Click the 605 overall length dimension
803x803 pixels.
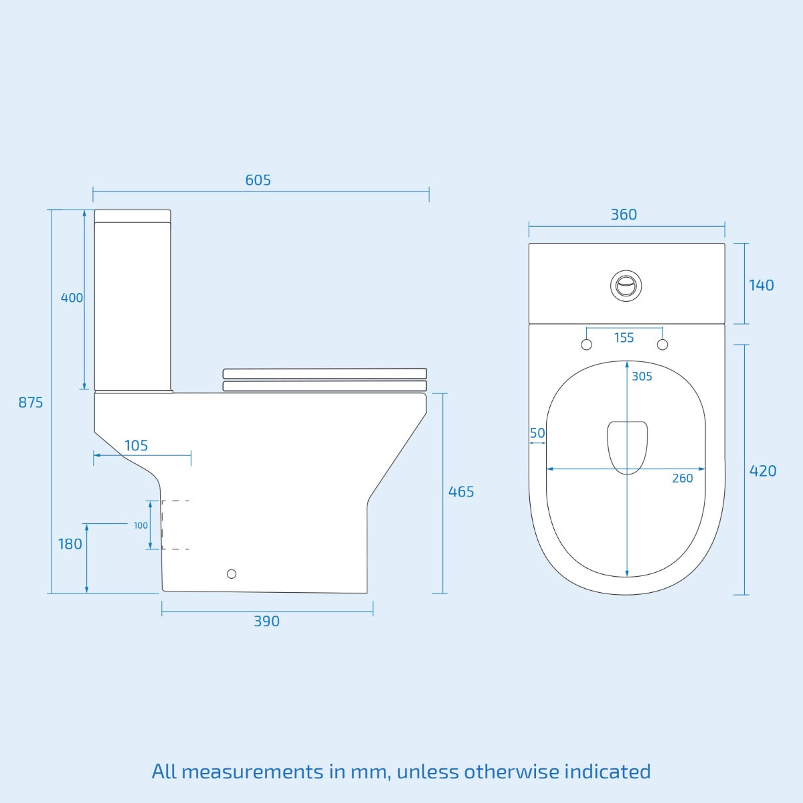258,180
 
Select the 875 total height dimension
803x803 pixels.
31,402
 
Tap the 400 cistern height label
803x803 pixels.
72,298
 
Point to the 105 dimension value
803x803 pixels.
136,446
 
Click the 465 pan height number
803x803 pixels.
461,492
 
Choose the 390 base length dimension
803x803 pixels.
266,621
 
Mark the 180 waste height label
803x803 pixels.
70,544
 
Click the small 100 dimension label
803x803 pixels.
141,525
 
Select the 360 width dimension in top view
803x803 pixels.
624,215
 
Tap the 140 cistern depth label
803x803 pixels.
761,285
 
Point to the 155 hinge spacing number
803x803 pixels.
624,338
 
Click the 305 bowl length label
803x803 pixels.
642,377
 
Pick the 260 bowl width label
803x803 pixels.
683,478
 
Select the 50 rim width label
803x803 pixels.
537,433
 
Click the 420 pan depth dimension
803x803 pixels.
763,471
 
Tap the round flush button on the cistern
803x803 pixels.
627,285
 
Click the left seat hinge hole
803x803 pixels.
586,345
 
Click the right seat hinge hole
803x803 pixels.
662,345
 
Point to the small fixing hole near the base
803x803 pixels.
232,573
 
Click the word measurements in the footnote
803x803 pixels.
252,772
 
